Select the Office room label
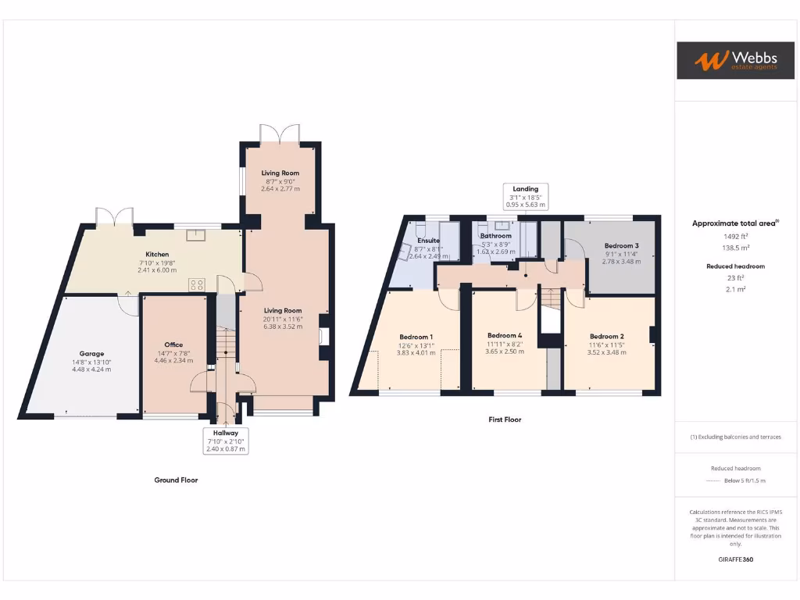(173, 345)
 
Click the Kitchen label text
(156, 255)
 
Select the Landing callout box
(525, 197)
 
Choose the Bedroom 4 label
(504, 336)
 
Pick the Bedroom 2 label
(607, 336)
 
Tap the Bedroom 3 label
(621, 245)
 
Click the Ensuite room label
(428, 241)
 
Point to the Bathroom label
(496, 236)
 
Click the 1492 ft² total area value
(734, 236)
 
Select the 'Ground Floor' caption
(176, 480)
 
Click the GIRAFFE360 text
(735, 559)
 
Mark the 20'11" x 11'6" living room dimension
(281, 318)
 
